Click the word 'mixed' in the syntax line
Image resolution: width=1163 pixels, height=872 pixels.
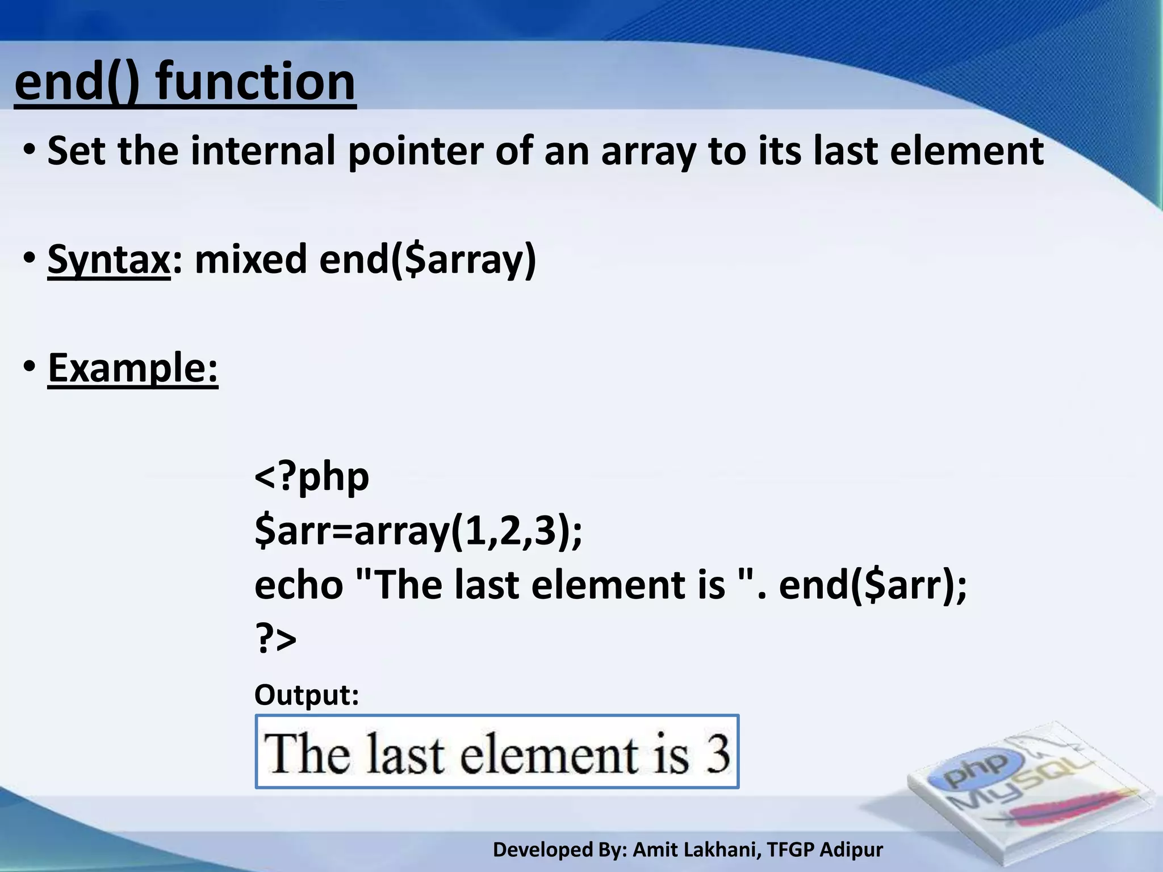[x=250, y=259]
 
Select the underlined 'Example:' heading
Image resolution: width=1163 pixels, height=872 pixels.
[x=133, y=368]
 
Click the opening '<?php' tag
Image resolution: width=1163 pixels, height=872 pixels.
[x=311, y=476]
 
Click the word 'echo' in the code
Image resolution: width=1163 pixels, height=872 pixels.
[x=299, y=585]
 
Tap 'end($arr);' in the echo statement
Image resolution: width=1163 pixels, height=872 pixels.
[x=872, y=585]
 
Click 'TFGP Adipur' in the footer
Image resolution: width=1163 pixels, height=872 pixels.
[x=825, y=850]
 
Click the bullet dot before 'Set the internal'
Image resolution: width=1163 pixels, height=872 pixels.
[x=30, y=151]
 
